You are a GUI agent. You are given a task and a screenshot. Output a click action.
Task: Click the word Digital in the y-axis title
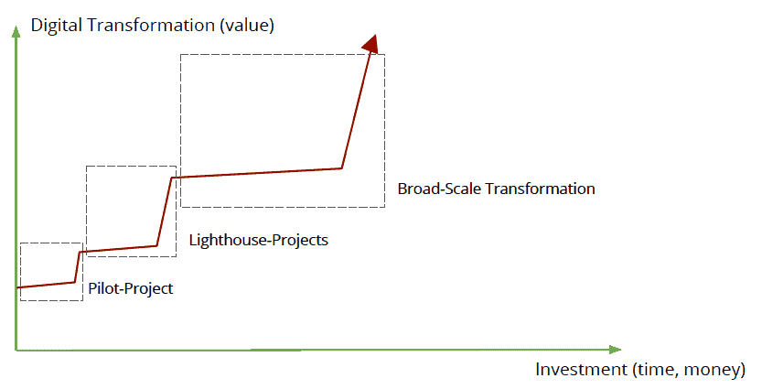57,26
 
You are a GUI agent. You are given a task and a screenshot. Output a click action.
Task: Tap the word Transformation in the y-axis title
151,25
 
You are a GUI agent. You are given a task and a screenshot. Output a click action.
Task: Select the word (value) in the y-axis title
247,26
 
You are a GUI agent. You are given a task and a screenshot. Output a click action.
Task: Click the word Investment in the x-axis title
581,370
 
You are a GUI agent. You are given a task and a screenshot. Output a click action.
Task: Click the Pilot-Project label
130,289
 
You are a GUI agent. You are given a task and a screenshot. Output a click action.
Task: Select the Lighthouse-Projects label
259,240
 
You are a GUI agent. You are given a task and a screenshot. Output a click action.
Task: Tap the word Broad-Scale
439,189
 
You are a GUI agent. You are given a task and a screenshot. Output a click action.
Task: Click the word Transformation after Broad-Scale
541,189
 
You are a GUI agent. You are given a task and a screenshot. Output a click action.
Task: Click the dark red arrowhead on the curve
371,43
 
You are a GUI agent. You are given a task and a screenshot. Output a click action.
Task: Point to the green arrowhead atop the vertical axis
16,31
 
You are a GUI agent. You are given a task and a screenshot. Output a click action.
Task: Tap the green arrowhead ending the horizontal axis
615,350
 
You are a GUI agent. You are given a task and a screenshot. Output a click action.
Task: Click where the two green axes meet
16,350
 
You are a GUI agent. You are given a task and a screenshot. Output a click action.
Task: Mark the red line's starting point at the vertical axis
17,287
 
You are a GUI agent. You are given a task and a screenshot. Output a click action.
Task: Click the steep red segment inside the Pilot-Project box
77,266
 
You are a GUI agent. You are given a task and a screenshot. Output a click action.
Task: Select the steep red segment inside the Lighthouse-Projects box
164,211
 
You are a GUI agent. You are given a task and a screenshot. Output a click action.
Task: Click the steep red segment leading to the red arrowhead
356,110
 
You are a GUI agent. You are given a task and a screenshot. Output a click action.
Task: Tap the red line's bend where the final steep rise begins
341,168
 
